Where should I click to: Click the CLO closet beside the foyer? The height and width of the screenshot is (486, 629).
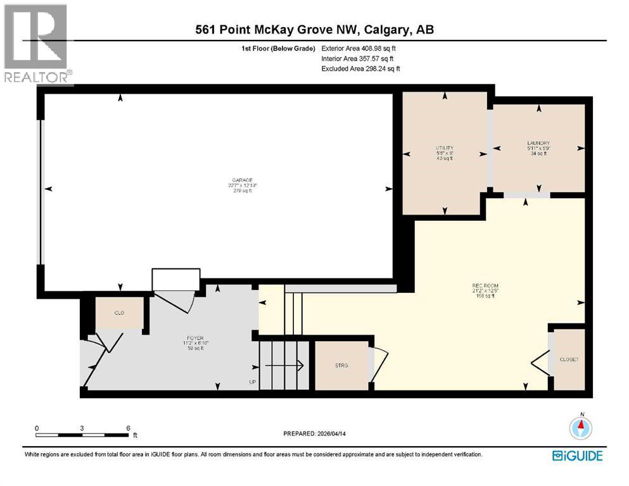(119, 313)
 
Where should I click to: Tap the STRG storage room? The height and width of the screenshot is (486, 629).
(342, 365)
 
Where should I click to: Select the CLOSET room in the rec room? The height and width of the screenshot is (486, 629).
(568, 359)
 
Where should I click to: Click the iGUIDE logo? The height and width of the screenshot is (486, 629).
(577, 456)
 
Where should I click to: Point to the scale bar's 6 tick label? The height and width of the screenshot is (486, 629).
(129, 428)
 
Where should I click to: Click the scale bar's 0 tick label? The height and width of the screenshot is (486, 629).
(37, 428)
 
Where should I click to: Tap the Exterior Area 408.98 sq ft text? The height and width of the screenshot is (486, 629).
(361, 48)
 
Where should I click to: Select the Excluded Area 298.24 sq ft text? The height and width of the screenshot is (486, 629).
(360, 68)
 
